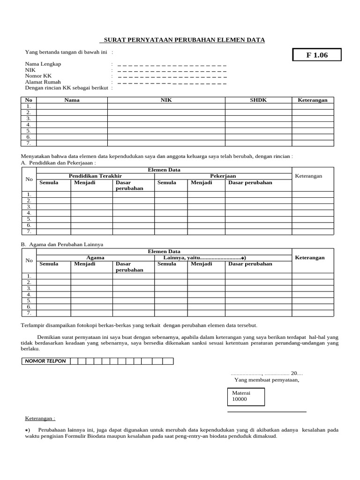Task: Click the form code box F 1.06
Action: (317, 55)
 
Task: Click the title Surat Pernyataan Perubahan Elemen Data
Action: (184, 40)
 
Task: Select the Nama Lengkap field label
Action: (43, 64)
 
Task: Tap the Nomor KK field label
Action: (38, 75)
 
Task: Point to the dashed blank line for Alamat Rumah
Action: (172, 82)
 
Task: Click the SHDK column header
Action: (258, 100)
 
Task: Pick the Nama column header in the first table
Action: (72, 100)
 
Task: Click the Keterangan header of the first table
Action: (313, 100)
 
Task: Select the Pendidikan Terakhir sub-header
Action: (95, 176)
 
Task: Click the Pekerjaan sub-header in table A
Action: (223, 176)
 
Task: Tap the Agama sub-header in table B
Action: (95, 258)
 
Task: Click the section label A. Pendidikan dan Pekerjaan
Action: (59, 163)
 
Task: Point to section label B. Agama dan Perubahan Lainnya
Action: (62, 245)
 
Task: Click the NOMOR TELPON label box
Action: (45, 361)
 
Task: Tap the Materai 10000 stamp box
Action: (245, 396)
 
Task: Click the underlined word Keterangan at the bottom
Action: (40, 418)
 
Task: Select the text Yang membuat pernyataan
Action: (267, 380)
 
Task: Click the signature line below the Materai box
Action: (266, 412)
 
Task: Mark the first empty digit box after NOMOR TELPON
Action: (73, 361)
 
